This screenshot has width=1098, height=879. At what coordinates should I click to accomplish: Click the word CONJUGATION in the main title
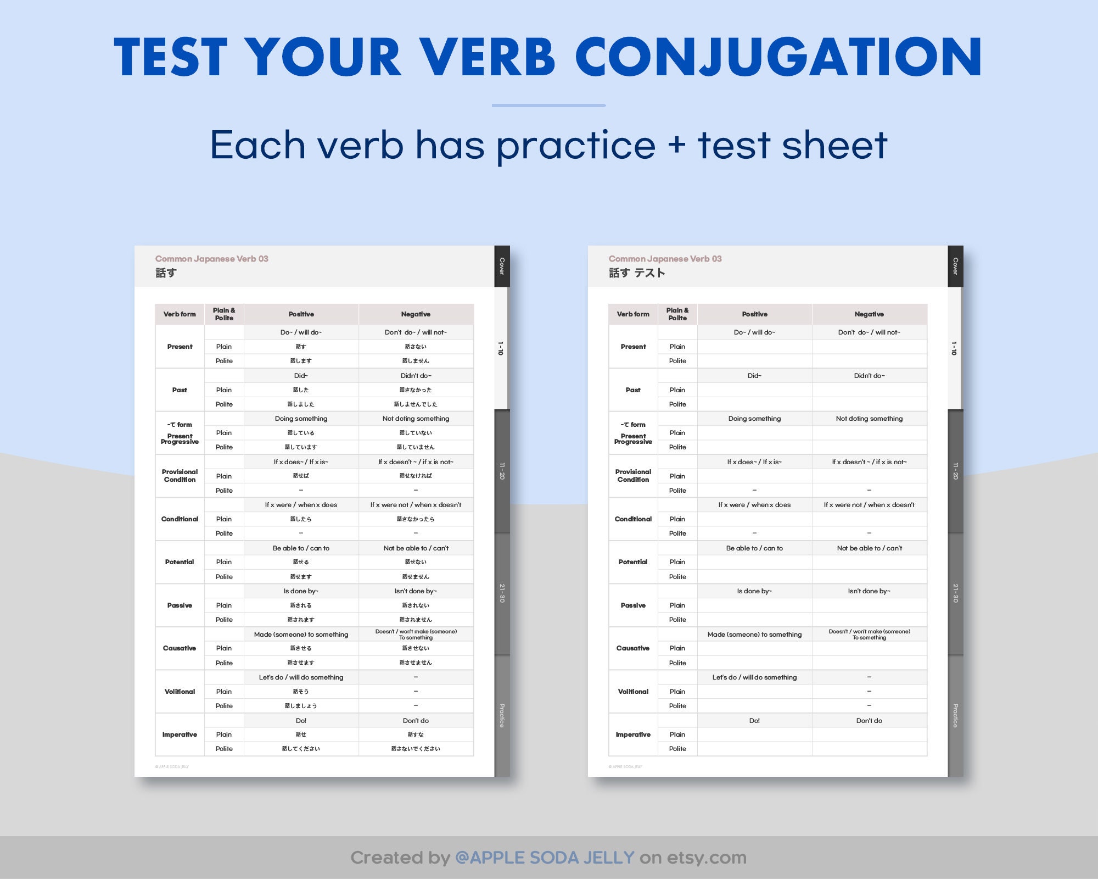point(778,58)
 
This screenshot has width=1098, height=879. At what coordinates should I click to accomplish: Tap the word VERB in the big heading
point(488,58)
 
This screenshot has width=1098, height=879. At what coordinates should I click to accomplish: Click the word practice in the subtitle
point(576,146)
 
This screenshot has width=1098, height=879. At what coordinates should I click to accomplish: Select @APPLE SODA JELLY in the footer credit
point(545,858)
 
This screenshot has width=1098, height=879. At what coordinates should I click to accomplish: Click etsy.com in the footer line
point(707,858)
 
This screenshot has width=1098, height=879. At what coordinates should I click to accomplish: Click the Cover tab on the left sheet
point(502,266)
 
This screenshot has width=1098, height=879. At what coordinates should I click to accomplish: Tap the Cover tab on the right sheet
point(955,266)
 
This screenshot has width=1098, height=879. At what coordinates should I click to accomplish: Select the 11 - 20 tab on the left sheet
point(502,471)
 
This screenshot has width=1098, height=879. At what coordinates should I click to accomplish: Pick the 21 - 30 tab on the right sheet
point(955,593)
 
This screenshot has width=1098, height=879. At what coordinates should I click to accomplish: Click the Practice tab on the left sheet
point(502,715)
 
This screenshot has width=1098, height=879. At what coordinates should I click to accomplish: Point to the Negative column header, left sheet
point(416,314)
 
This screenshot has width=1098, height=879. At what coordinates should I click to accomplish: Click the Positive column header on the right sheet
point(754,314)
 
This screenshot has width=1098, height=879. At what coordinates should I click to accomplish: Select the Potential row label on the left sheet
point(180,562)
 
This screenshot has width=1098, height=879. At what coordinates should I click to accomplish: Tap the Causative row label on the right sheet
point(633,648)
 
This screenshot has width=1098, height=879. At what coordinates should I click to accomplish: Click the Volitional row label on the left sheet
point(180,692)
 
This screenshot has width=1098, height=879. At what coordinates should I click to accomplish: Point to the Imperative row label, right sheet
point(633,735)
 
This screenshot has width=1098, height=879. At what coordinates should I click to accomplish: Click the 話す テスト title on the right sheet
point(637,273)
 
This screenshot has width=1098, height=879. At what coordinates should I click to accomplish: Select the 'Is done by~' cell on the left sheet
point(301,591)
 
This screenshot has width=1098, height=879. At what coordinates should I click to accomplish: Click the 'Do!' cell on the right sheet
point(754,721)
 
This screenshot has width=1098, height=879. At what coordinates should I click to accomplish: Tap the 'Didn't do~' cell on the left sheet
point(416,376)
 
